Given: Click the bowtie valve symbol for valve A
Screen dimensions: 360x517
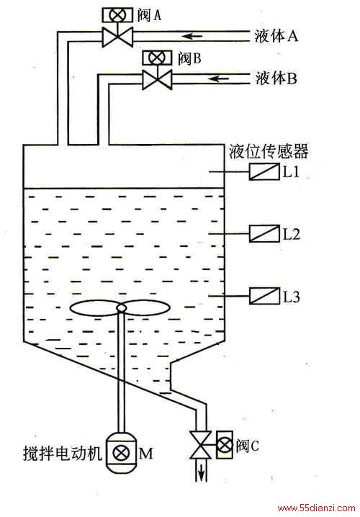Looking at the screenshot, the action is [117, 37].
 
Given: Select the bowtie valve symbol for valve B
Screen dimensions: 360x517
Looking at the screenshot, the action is [157, 80].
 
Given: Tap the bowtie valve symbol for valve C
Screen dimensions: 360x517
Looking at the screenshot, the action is [200, 445].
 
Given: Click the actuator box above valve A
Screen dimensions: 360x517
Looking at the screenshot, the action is [117, 15].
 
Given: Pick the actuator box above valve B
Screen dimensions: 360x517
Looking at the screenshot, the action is [157, 58].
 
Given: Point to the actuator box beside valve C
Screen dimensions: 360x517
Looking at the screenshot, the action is [225, 445].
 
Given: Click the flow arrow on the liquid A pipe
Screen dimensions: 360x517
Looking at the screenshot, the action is [192, 35].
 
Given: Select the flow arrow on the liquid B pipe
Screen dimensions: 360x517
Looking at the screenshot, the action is [219, 78].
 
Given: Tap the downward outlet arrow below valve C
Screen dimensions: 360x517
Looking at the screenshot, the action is [201, 472].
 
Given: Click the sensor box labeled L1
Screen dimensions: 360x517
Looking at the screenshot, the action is [264, 172].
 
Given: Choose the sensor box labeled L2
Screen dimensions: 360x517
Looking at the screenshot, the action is [264, 233].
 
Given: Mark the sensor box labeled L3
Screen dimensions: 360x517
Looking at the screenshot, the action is [264, 296].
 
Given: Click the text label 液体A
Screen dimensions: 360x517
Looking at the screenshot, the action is [276, 35].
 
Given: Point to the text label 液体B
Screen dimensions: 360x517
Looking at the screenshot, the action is [276, 78].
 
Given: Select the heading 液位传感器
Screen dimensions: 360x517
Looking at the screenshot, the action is [269, 152].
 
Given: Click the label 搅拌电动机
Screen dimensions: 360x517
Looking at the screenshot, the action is [63, 453].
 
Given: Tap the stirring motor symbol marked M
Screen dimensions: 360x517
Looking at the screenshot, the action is [121, 453].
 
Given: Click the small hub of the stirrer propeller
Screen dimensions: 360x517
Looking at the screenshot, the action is [121, 308].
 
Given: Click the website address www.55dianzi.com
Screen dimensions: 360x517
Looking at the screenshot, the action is [317, 508].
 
